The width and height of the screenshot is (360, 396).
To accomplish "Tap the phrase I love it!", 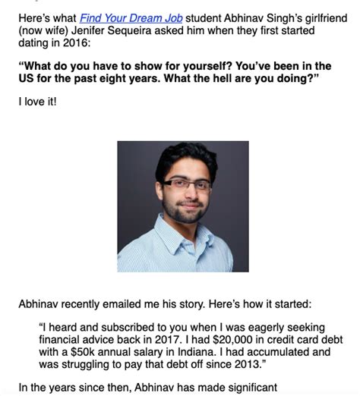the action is [37, 102].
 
